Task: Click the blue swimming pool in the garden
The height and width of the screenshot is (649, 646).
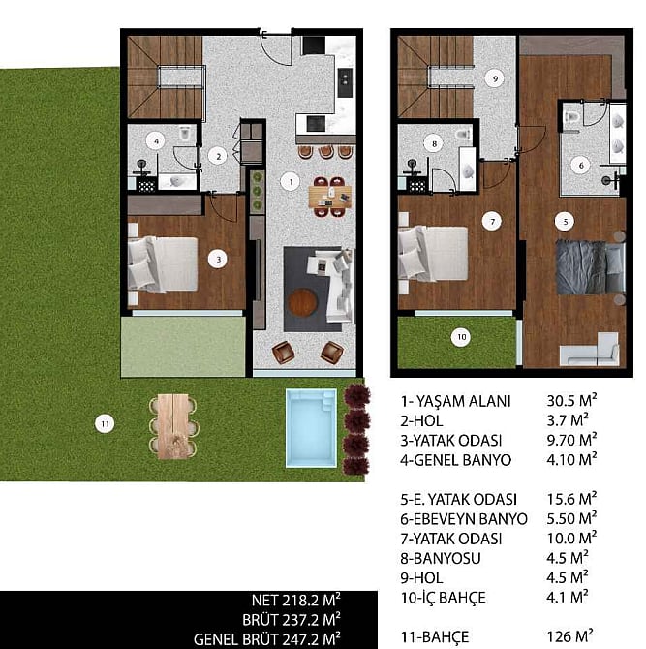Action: coord(311,428)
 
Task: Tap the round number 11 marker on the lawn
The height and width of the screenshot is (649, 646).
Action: coord(105,424)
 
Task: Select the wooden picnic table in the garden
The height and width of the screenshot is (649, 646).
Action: coord(173,426)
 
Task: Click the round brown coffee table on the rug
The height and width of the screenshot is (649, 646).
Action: coord(302,302)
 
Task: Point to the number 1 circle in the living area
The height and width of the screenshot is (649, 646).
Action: coord(291,181)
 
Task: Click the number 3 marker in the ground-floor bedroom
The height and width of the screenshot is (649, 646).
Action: coord(218,260)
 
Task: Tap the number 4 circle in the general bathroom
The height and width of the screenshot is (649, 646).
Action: coord(157,141)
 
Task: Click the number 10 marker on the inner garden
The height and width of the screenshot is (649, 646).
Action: coord(461,337)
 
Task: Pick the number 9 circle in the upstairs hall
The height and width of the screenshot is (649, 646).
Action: coord(495,78)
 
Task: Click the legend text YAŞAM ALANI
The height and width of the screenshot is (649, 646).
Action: coord(463,401)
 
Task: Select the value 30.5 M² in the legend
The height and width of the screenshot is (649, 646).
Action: coord(572,400)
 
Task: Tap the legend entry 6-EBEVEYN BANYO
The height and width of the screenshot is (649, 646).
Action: coord(464,519)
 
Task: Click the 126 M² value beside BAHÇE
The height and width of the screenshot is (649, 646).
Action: coord(569,635)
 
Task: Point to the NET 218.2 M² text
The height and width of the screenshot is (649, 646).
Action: coord(296,601)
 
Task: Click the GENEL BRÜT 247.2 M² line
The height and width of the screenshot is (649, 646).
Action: coord(267,639)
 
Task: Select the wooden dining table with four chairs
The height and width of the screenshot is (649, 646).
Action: coord(330,197)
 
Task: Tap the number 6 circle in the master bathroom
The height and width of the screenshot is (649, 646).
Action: coord(581,166)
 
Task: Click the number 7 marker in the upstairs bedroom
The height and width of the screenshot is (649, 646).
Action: coord(492,222)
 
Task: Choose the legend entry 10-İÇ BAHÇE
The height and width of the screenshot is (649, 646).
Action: coord(443,598)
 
